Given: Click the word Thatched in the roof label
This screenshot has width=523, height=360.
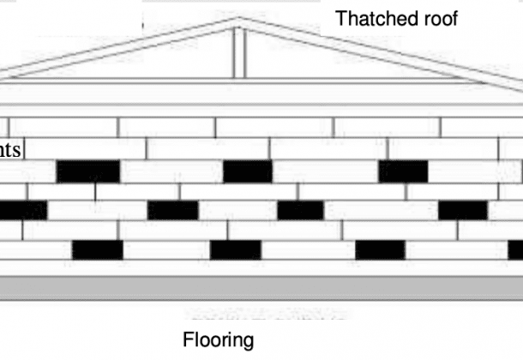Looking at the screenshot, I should [x=367, y=17].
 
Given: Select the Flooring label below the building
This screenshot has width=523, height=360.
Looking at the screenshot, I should [x=219, y=340].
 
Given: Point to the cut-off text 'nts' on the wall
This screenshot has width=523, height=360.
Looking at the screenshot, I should [x=10, y=149].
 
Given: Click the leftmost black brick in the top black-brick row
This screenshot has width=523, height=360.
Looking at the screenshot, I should [x=88, y=171].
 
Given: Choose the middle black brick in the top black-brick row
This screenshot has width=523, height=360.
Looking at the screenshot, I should [x=248, y=171].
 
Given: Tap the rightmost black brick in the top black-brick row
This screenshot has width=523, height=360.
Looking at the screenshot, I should [x=403, y=171].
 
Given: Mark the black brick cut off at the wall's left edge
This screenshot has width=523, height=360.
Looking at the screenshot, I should [x=23, y=210].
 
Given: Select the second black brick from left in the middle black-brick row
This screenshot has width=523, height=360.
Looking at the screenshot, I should [x=172, y=210].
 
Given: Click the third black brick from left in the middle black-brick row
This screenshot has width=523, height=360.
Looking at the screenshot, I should [x=300, y=210].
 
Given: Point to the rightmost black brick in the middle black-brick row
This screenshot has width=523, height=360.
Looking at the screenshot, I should [x=463, y=210].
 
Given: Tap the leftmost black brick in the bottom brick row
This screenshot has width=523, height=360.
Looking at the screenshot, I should [x=96, y=249].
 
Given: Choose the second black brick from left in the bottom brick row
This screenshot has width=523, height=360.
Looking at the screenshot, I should [x=236, y=249].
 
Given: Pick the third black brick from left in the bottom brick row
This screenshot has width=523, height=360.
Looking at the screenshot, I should [x=380, y=249].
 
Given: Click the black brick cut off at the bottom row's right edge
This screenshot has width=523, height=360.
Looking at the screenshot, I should [x=512, y=249].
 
